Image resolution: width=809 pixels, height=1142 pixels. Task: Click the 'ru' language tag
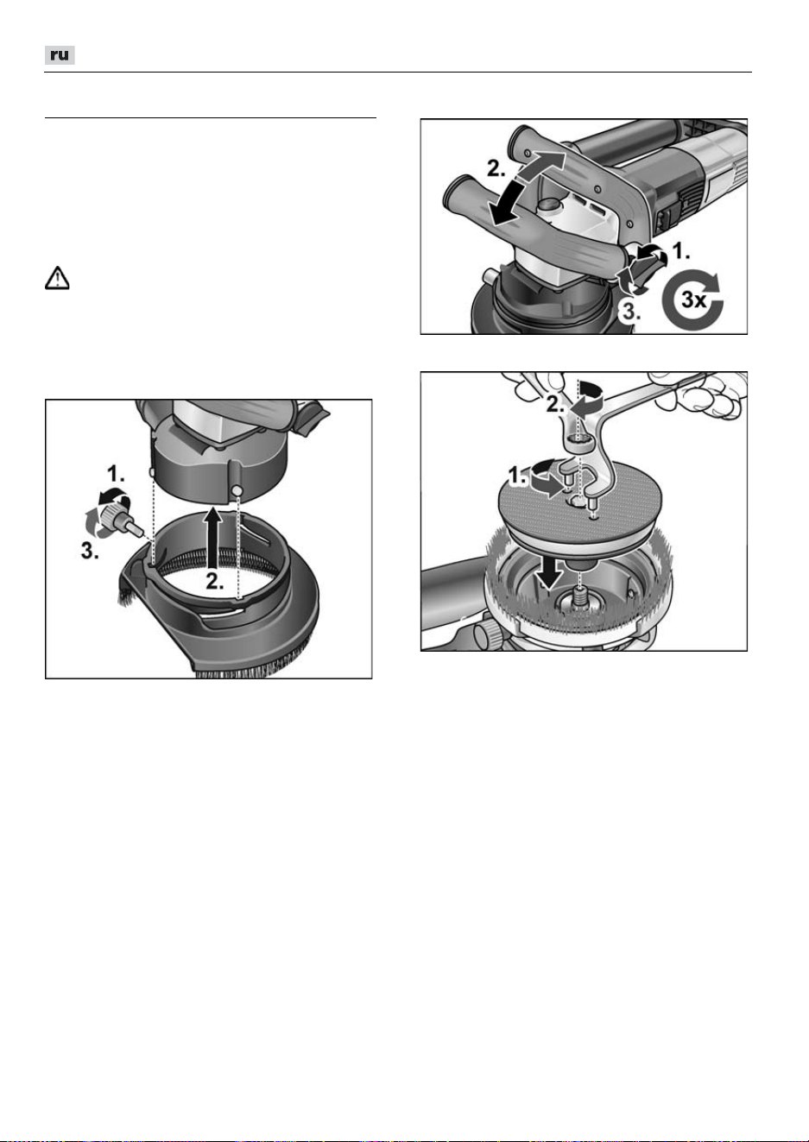click(x=60, y=55)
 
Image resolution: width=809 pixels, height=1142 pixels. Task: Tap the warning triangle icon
click(x=57, y=278)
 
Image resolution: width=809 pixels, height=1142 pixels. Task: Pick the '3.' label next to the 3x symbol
click(x=630, y=312)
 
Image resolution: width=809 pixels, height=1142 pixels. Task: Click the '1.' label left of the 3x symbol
click(x=681, y=251)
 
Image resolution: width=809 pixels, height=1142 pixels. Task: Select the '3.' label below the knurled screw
click(x=90, y=551)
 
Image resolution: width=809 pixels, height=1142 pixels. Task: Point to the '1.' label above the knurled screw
click(x=116, y=475)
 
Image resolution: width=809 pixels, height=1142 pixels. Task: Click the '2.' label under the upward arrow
click(x=215, y=581)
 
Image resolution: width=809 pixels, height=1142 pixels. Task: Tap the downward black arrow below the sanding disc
click(x=549, y=572)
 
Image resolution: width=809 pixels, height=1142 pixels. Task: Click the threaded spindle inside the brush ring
click(x=580, y=596)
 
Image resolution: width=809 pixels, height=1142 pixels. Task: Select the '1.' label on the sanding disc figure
click(x=518, y=476)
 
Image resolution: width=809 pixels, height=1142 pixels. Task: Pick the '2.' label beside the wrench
click(x=556, y=404)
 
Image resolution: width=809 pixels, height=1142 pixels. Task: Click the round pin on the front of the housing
click(x=237, y=490)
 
